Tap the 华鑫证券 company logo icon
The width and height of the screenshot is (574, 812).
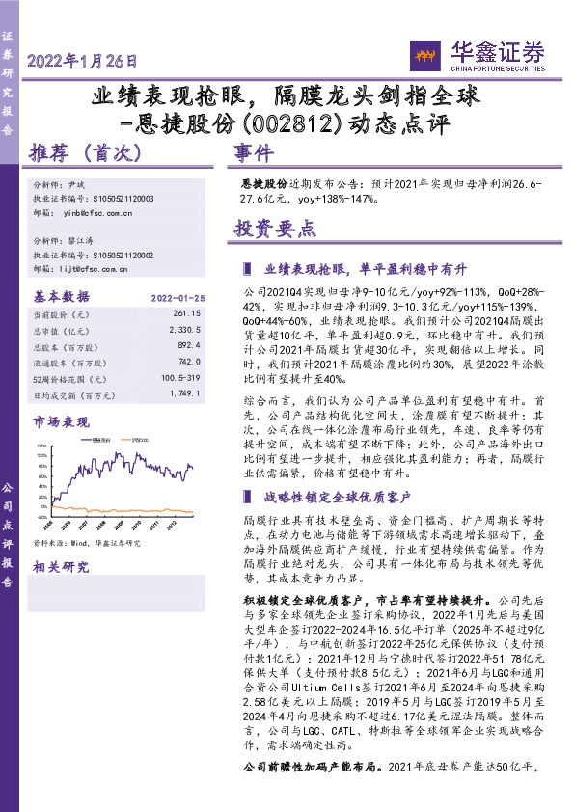(x=426, y=54)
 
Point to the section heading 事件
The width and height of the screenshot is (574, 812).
(x=253, y=153)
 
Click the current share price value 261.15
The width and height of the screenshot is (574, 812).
(x=187, y=314)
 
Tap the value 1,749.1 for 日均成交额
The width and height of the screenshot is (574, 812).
(x=184, y=395)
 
